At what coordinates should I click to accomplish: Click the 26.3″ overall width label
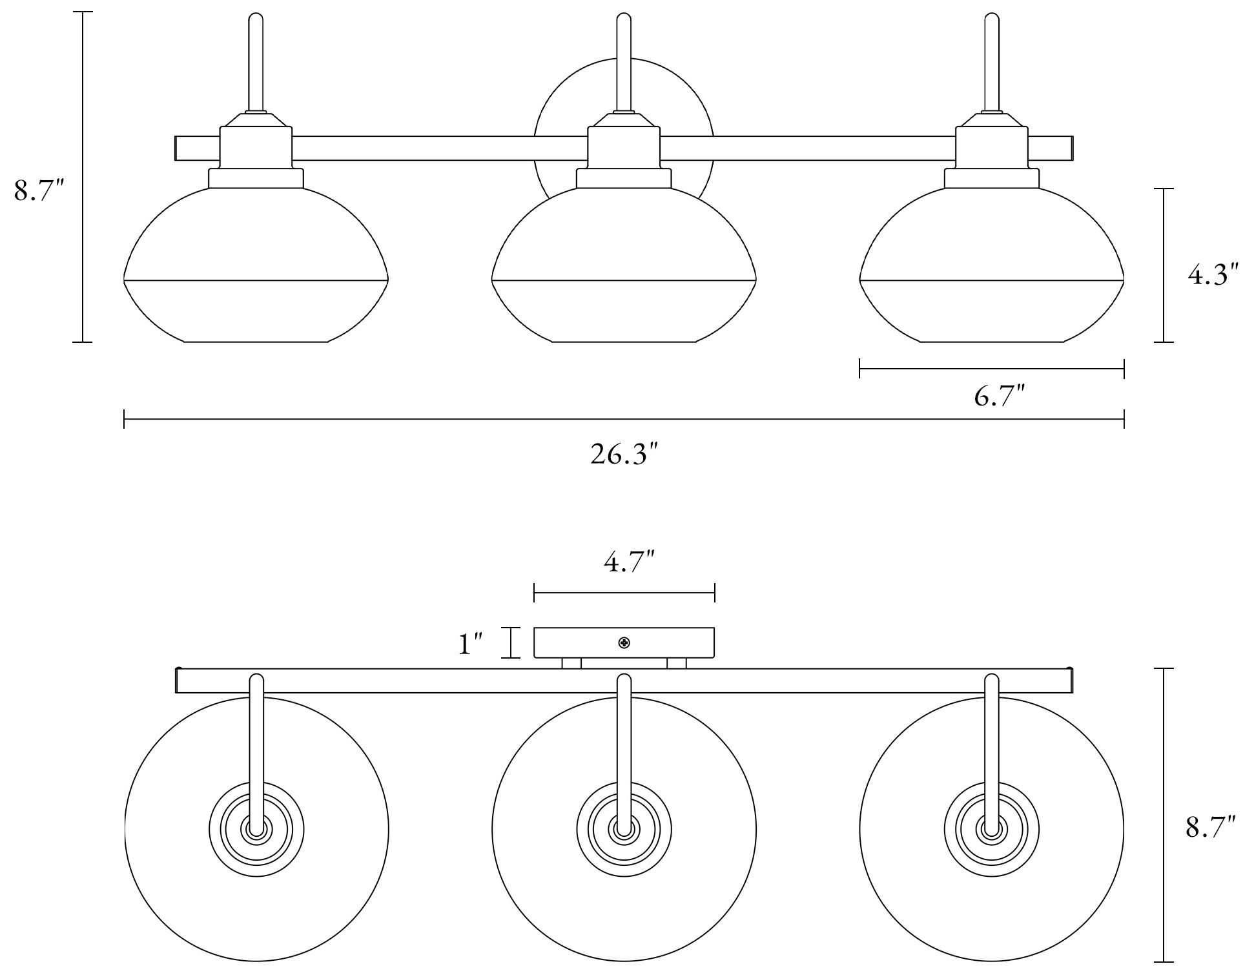[624, 455]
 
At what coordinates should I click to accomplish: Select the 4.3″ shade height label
[1213, 276]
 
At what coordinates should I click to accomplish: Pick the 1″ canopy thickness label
[471, 644]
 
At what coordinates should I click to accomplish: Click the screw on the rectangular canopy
[624, 642]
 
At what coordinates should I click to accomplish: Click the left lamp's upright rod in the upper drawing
[256, 65]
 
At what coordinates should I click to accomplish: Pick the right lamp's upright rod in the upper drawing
[992, 65]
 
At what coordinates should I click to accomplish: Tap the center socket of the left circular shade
[256, 830]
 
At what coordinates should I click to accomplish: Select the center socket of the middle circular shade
[624, 830]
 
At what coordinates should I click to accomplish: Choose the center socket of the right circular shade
[992, 830]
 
